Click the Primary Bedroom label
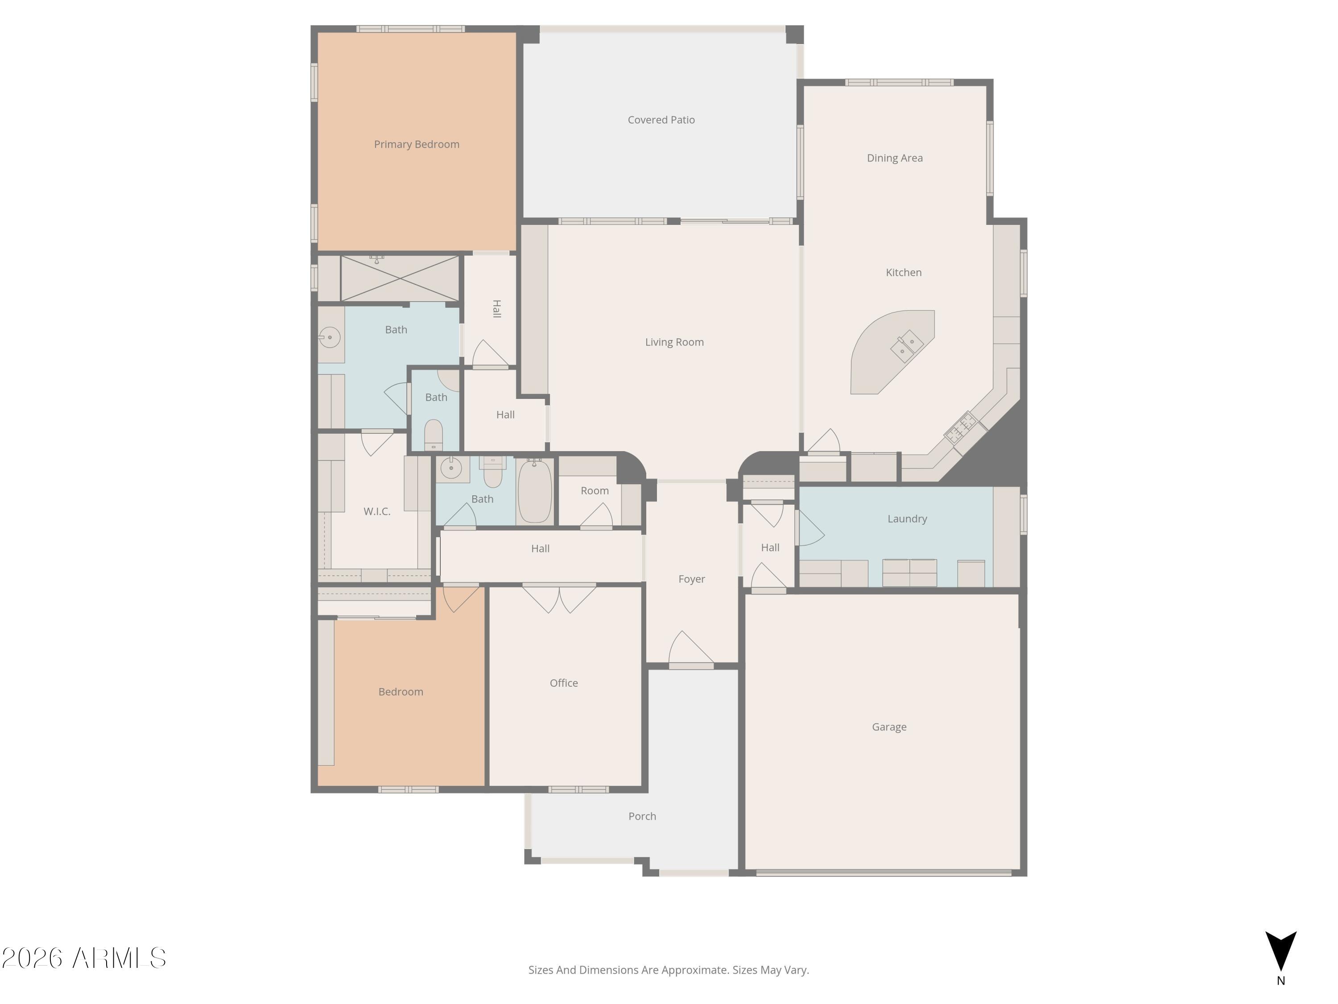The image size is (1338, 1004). (416, 144)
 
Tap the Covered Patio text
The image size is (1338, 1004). (661, 120)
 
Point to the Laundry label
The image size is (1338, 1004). (907, 519)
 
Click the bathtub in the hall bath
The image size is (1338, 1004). (535, 491)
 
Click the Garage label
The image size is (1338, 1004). (888, 727)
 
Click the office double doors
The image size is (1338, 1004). (559, 598)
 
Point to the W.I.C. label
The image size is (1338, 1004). (376, 511)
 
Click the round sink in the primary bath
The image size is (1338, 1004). (330, 337)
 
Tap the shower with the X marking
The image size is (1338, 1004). (399, 278)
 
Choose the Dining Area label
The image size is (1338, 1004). (894, 158)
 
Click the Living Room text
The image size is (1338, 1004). (674, 342)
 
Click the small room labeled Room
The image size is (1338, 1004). (595, 491)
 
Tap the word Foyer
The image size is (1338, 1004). (691, 579)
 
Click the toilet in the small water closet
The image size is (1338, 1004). (433, 435)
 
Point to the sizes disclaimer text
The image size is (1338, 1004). (669, 970)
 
